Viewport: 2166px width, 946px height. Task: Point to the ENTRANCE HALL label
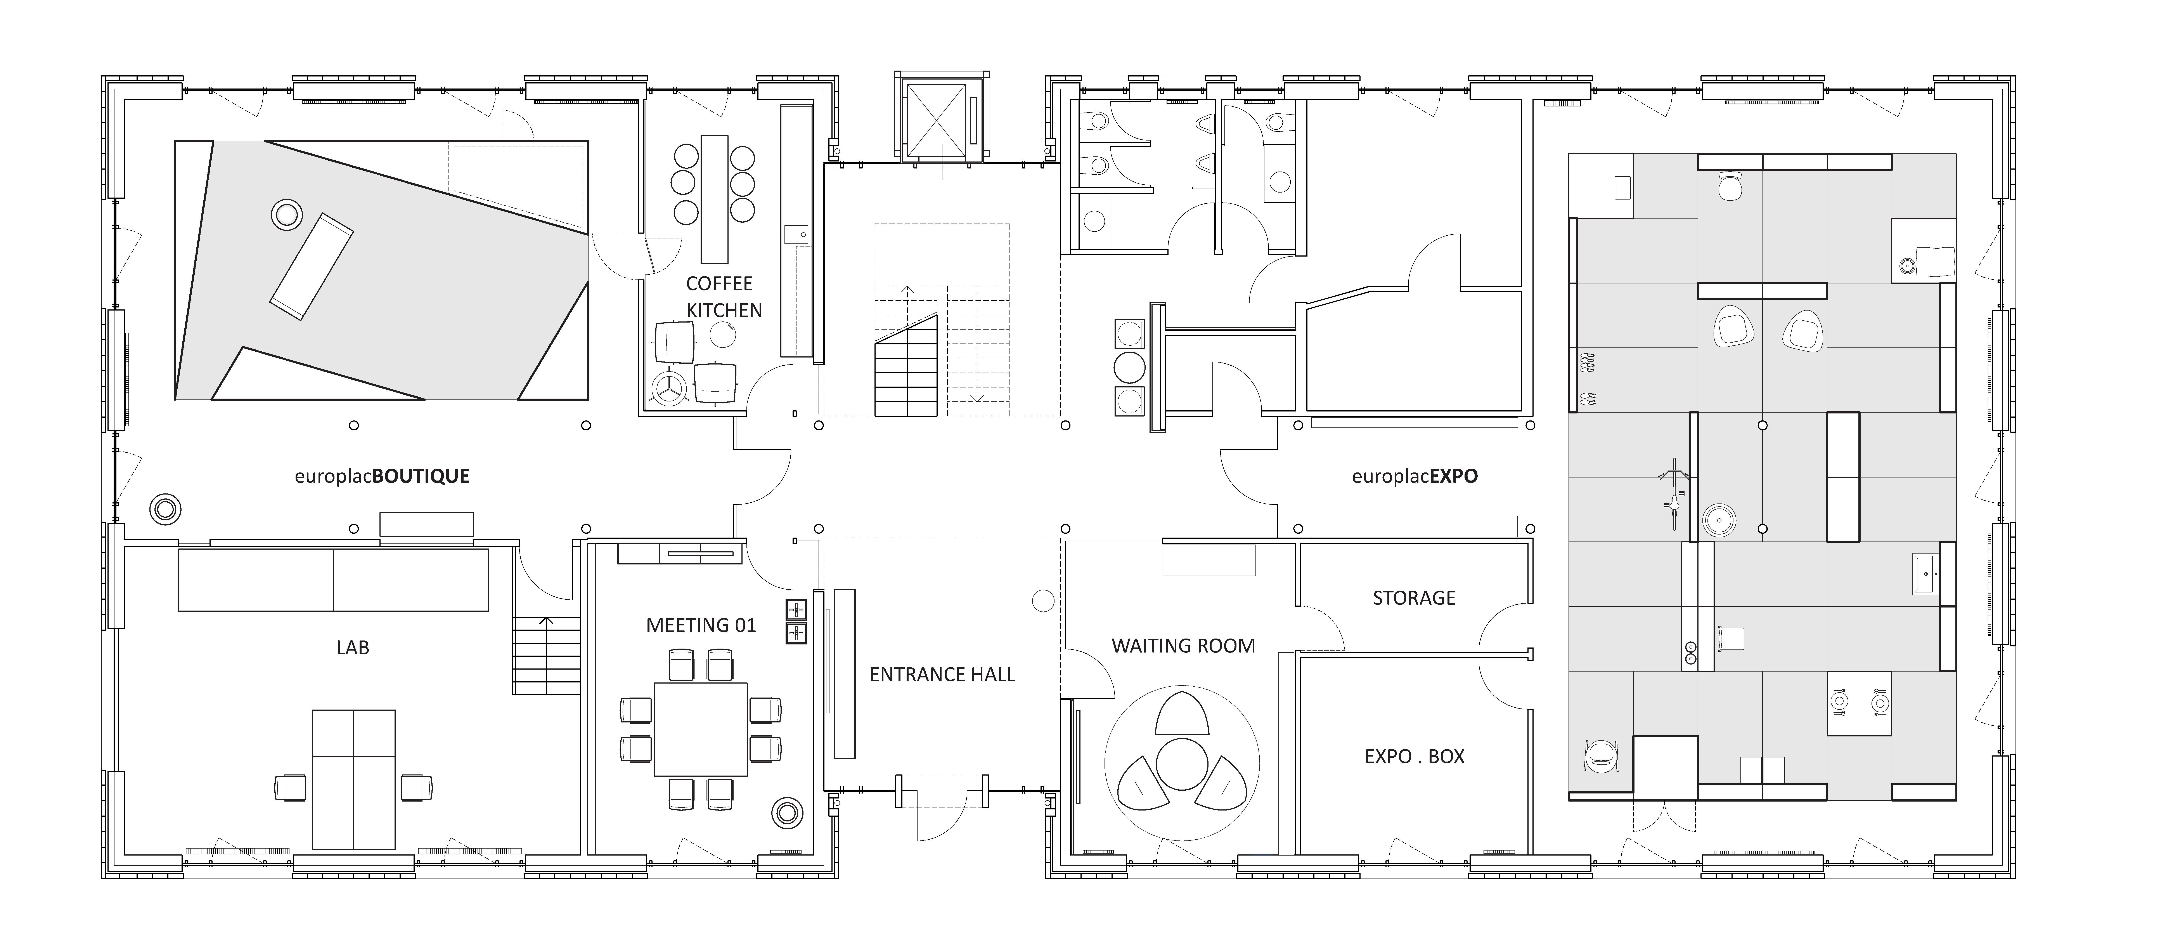942,674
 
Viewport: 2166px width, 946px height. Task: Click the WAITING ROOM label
1183,646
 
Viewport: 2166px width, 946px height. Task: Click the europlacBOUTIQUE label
382,477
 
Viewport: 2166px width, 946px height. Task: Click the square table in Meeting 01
700,729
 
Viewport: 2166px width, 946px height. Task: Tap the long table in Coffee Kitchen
714,199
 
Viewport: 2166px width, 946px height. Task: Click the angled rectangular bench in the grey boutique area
311,266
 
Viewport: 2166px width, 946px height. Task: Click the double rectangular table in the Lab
353,779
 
